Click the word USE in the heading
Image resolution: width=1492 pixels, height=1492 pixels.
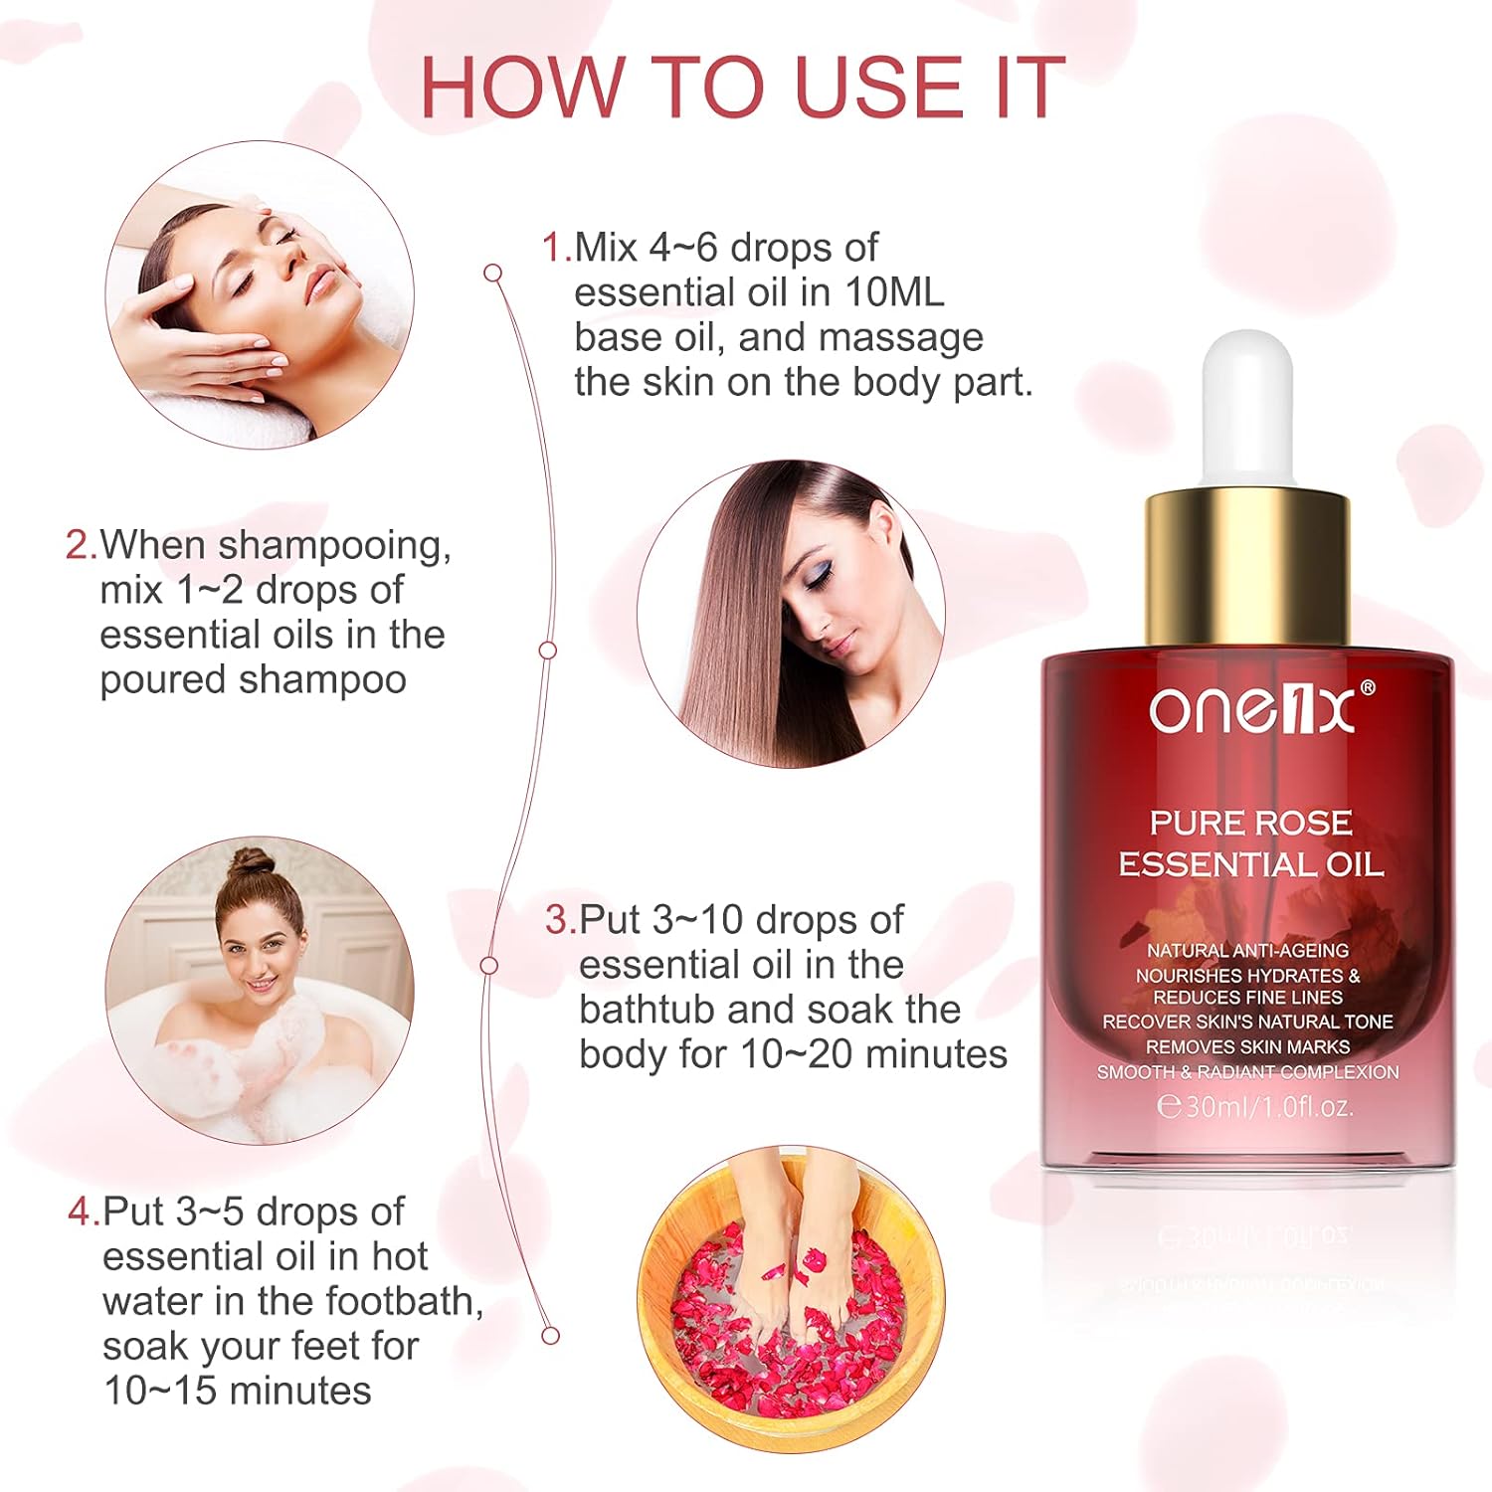pos(878,88)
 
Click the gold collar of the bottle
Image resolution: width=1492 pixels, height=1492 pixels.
pos(1247,567)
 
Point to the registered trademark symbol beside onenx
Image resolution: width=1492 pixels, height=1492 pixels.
pos(1367,688)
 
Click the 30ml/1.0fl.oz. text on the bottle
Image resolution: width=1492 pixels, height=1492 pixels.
pos(1255,1106)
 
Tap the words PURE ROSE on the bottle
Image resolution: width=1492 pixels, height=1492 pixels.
pos(1251,823)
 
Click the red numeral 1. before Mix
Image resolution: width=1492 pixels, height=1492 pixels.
pos(557,248)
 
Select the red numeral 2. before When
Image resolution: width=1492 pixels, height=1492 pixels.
pos(82,545)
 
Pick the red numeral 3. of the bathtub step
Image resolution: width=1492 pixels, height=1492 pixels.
pos(561,920)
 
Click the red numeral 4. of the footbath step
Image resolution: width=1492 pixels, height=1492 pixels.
pos(85,1212)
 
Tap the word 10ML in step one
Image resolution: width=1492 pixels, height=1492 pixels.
pos(894,292)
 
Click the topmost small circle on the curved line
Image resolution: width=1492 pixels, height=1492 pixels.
pos(492,273)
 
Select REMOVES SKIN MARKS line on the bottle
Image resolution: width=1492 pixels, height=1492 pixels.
pos(1247,1046)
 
